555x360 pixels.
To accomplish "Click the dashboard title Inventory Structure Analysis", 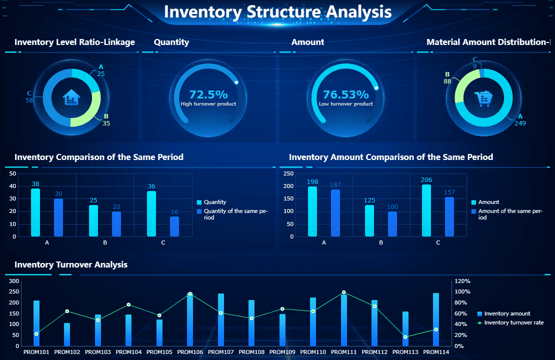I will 277,12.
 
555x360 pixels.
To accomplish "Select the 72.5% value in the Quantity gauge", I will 208,94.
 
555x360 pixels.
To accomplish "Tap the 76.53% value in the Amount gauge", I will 345,94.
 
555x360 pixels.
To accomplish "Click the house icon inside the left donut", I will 71,97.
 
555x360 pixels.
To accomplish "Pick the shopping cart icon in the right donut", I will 483,98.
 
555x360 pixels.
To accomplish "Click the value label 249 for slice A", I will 520,123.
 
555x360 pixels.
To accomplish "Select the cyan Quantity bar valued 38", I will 35,212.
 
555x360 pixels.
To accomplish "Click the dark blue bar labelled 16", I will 174,226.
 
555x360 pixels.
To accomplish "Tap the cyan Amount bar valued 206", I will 426,210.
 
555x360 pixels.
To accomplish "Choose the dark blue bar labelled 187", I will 335,213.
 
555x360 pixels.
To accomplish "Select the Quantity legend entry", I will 214,202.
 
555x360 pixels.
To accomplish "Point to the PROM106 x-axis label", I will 190,352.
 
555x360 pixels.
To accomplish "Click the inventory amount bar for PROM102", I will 67,334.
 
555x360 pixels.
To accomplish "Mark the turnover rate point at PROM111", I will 344,292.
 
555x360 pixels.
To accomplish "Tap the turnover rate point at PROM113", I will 405,337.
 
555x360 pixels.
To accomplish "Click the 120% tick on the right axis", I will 462,281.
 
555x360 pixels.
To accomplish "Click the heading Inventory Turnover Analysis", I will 71,264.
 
